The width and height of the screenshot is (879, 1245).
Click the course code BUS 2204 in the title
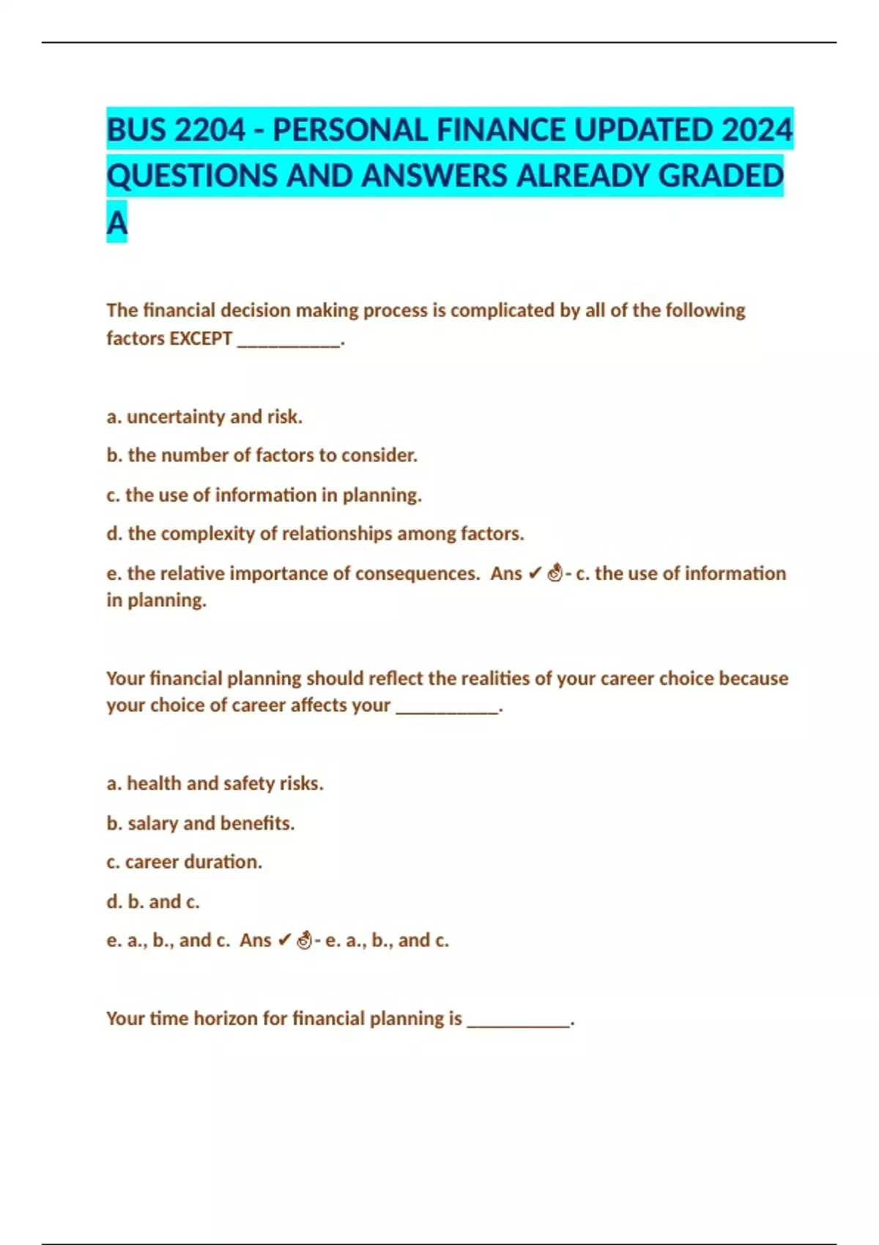pos(176,130)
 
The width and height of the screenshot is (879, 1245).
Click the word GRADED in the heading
pos(721,176)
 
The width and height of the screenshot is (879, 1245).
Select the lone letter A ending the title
pos(116,223)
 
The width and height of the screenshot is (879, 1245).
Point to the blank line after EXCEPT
pos(289,341)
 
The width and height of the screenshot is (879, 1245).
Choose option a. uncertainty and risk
pos(204,417)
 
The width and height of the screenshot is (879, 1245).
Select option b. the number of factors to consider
pos(262,456)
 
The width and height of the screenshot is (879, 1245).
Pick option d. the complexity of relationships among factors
pos(315,534)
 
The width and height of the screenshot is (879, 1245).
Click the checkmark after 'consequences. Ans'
pos(535,573)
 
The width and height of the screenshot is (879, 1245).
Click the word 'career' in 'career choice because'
pos(627,678)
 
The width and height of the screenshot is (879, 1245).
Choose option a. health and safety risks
pos(215,784)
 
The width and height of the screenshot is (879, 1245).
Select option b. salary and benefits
pos(201,823)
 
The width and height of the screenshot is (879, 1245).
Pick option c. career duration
pos(184,862)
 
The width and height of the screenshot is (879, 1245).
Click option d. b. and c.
pos(153,902)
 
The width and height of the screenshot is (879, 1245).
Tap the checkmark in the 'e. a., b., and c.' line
pos(285,940)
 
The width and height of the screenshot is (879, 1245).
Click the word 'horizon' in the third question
pos(223,1019)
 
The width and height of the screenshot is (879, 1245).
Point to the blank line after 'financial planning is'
pos(519,1022)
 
